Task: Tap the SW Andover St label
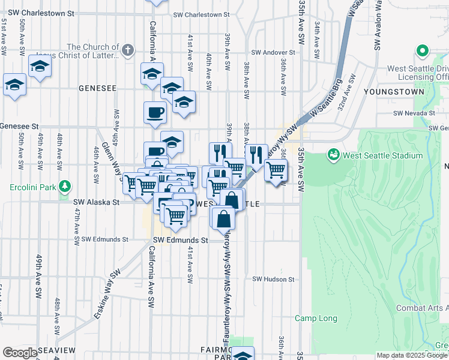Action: [275, 53]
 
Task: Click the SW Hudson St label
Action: [274, 279]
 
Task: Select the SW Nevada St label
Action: [414, 113]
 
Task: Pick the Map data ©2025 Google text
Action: [411, 355]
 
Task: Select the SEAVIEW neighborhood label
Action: [56, 350]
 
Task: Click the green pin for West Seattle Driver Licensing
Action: [422, 52]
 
